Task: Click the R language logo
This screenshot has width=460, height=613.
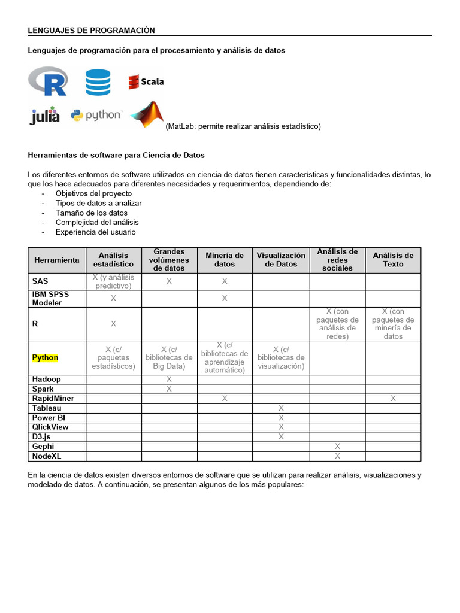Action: (48, 81)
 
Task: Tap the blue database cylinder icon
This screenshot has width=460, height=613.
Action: (98, 82)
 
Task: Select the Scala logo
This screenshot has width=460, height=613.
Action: (146, 81)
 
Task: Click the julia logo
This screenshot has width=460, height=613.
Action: (45, 115)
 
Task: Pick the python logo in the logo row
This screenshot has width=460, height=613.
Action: (96, 115)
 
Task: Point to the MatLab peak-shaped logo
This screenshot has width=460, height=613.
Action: (147, 114)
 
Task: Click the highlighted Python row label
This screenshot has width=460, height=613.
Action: (46, 357)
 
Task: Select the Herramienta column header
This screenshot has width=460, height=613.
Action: (57, 260)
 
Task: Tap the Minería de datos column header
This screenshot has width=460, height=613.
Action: (225, 260)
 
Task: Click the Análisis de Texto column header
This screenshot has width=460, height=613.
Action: (393, 260)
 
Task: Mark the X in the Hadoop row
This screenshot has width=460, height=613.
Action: (169, 379)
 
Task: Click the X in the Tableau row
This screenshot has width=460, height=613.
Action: (281, 408)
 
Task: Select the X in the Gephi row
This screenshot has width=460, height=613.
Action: (337, 446)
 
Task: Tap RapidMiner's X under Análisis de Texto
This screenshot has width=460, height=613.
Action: (393, 398)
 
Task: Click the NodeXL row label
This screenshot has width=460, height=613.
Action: (47, 456)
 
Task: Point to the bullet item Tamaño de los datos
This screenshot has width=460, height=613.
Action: (92, 213)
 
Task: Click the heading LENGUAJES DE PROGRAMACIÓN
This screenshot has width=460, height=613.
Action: (92, 30)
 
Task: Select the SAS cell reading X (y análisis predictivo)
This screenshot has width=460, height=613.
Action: (113, 281)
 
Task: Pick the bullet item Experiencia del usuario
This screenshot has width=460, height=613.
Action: (96, 232)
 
